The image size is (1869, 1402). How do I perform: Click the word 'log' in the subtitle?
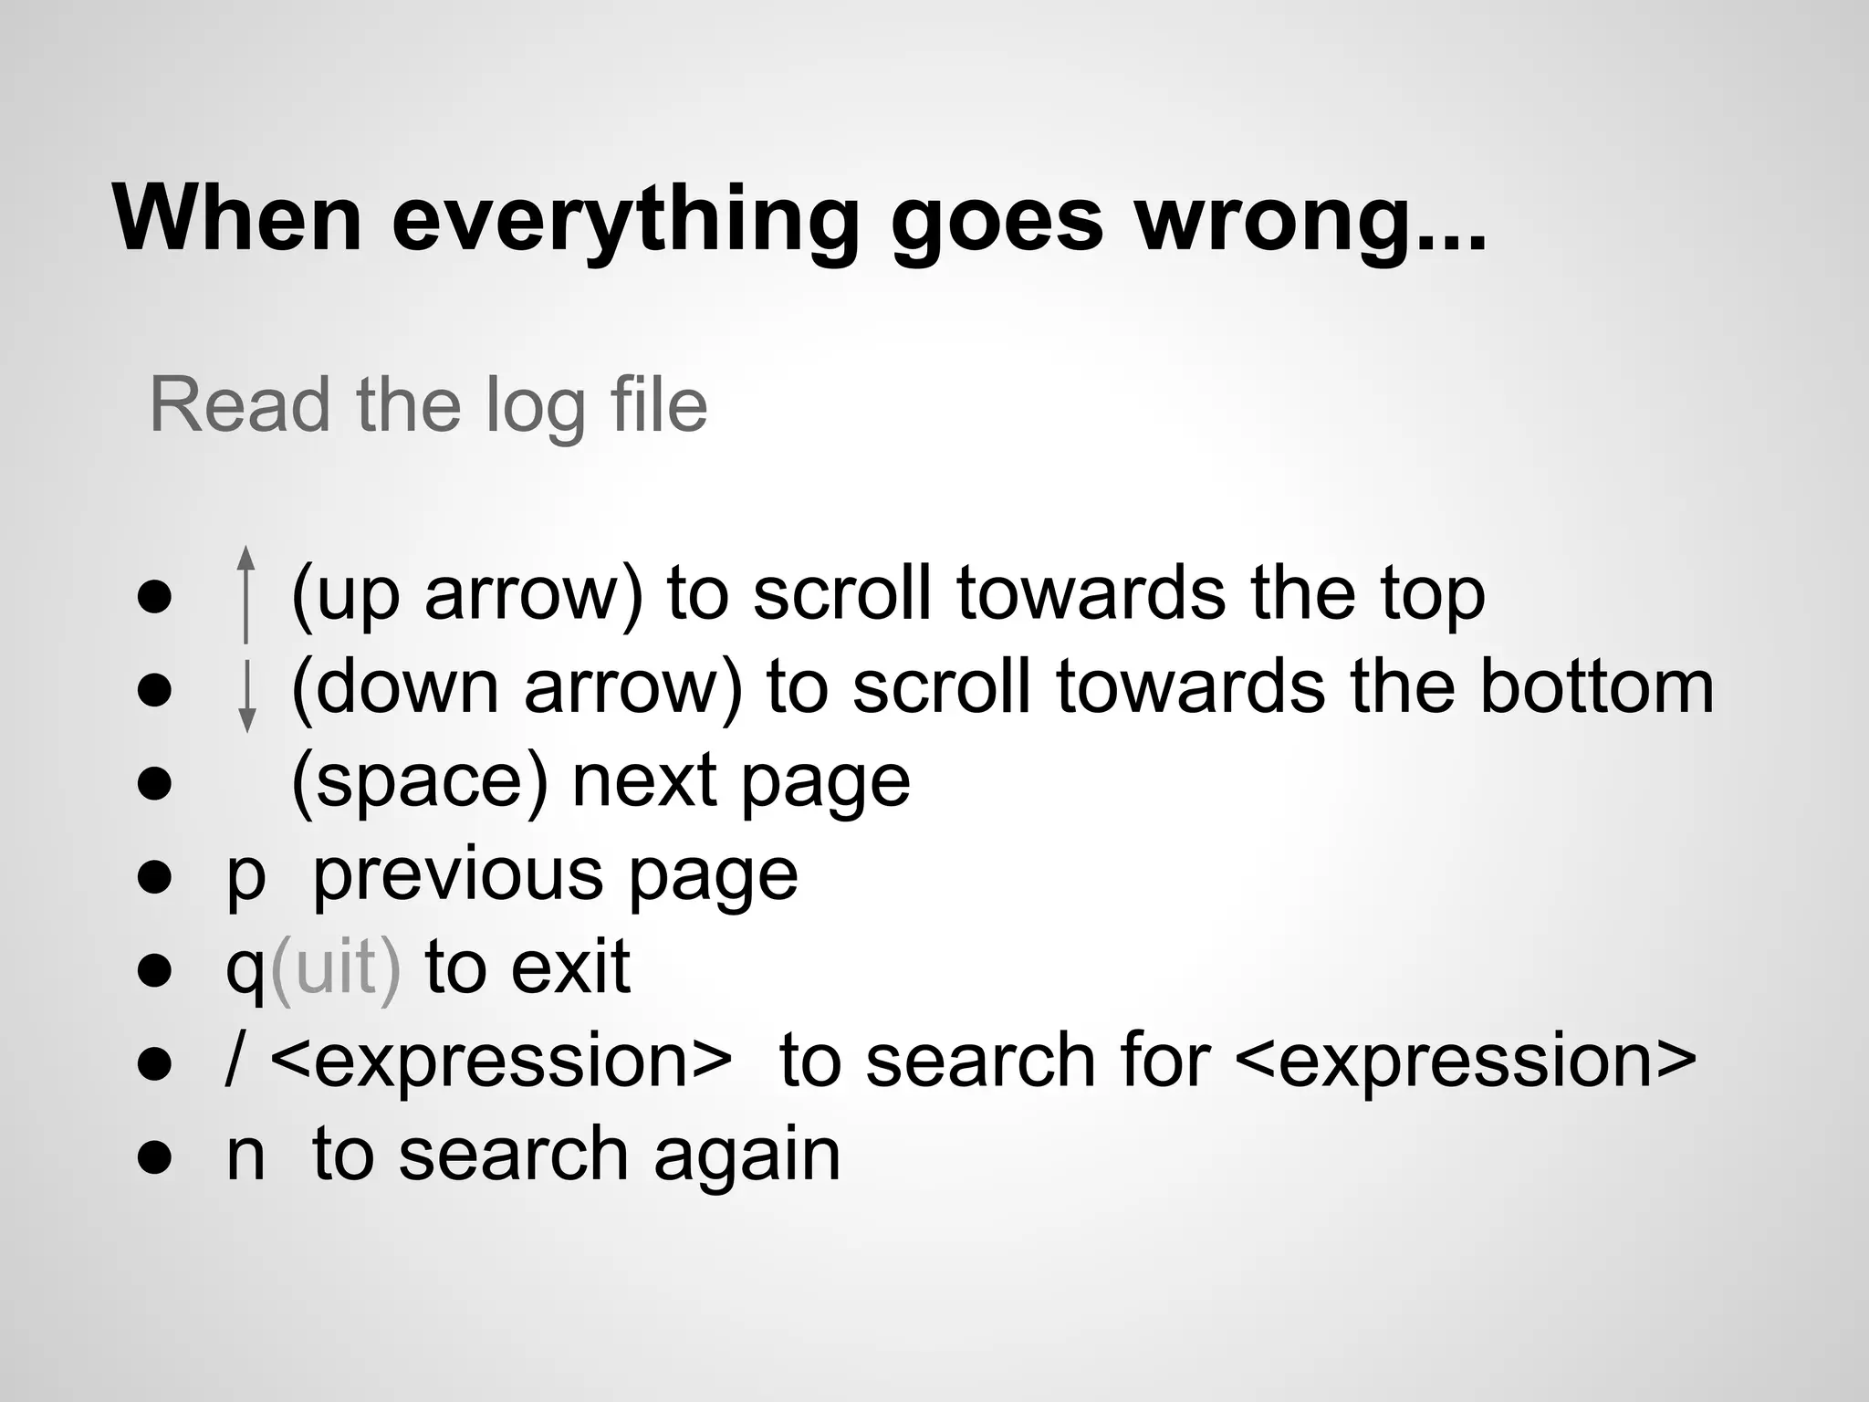pyautogui.click(x=535, y=407)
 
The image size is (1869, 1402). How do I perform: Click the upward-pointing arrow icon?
pyautogui.click(x=245, y=594)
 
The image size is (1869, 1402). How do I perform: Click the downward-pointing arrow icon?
pyautogui.click(x=245, y=694)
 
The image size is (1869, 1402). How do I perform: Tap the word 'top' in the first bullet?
pyautogui.click(x=1432, y=595)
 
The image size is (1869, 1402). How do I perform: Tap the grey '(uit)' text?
pyautogui.click(x=335, y=968)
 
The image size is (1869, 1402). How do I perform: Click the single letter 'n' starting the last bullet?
pyautogui.click(x=245, y=1156)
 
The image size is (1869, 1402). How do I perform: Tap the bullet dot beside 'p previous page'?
pyautogui.click(x=154, y=877)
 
